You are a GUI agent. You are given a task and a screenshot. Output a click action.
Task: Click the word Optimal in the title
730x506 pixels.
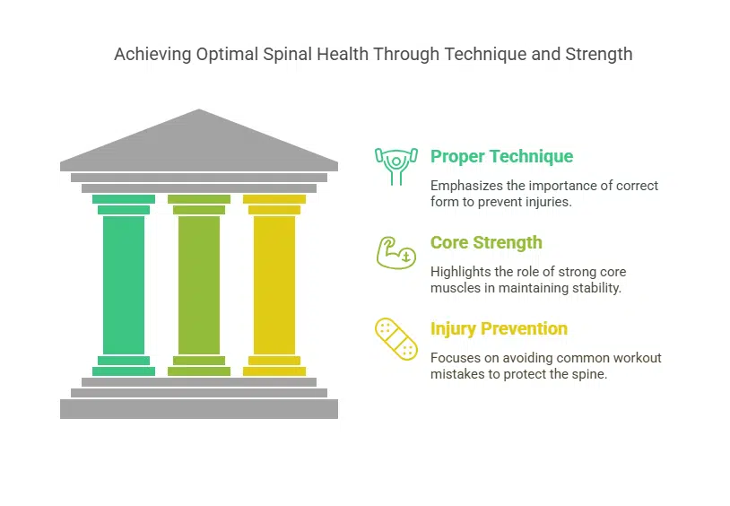click(227, 55)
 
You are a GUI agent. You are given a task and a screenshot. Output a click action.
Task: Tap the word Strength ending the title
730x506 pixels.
click(599, 55)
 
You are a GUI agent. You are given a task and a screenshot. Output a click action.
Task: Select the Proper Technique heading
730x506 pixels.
click(501, 156)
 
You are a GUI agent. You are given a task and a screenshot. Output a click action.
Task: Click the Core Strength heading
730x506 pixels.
click(486, 243)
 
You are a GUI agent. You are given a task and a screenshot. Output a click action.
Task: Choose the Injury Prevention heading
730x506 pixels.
click(499, 329)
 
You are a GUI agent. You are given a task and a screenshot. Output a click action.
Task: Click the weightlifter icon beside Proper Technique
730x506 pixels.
click(396, 166)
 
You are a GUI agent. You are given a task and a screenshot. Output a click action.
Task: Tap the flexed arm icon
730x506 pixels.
click(396, 253)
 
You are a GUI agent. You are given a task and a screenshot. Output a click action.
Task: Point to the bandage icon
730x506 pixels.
click(396, 339)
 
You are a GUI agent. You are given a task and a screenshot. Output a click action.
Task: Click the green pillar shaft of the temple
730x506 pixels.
click(124, 285)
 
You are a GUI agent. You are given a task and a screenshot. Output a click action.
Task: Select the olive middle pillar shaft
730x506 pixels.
click(199, 285)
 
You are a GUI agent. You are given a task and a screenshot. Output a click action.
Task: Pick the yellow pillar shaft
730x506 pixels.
click(274, 285)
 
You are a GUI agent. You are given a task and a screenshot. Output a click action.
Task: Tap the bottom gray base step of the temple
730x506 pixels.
click(199, 409)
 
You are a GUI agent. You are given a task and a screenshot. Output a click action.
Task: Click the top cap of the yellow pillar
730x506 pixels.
click(274, 199)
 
